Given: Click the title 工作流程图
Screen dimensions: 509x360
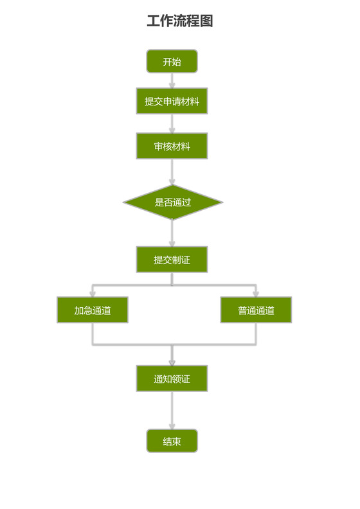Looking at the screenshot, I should (179, 21).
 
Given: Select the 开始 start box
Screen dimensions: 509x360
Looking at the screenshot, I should (172, 62).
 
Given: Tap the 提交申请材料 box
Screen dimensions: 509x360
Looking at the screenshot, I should (172, 101).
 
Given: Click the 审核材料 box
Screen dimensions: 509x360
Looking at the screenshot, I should (172, 146).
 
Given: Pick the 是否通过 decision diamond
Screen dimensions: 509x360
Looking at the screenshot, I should (172, 202).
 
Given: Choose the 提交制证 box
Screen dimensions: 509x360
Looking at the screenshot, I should (172, 260).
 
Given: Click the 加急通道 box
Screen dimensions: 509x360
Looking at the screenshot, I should (92, 310).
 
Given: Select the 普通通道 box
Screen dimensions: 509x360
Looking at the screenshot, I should (256, 310).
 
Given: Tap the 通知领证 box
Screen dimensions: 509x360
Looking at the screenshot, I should (172, 379).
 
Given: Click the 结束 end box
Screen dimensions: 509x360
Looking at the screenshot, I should (172, 441).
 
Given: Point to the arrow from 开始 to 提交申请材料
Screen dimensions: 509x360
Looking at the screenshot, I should (172, 80).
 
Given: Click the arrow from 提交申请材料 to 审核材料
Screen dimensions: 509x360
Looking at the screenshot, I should (172, 123).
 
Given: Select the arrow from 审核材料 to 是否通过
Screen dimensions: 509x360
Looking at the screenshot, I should (172, 172).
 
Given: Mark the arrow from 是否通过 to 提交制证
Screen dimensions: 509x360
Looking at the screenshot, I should (172, 233).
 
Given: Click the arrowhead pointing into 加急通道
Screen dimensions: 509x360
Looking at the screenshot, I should (92, 293).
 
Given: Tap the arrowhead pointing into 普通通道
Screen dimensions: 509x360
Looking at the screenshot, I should (256, 293).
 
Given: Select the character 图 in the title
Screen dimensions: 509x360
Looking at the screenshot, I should (206, 21).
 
